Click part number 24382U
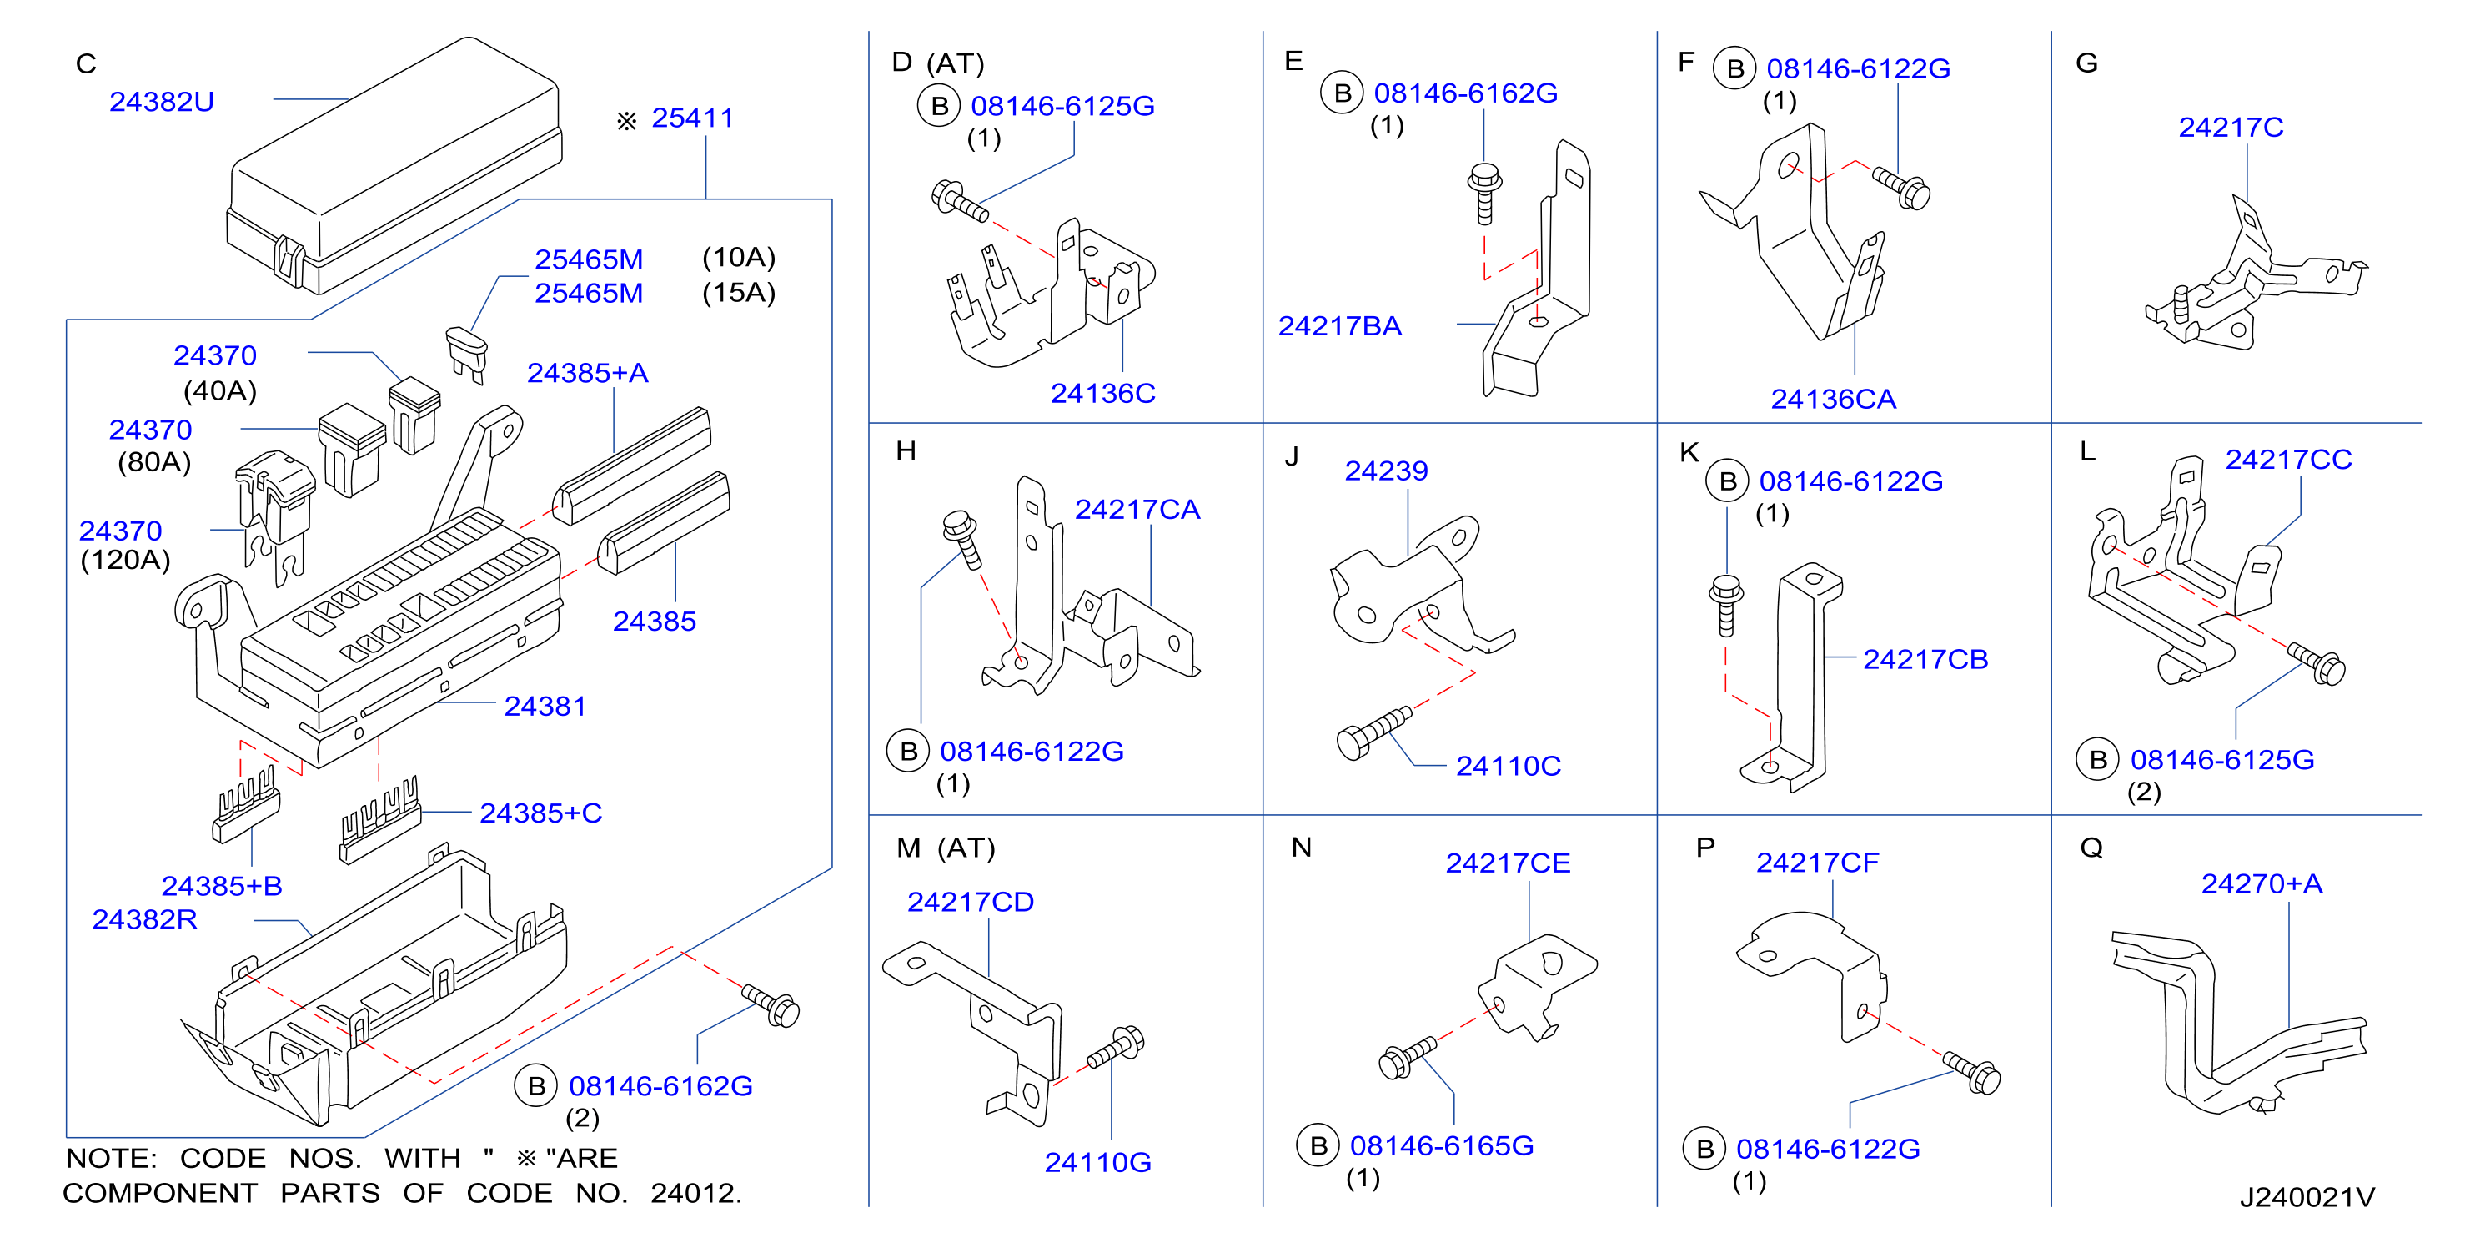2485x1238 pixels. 161,101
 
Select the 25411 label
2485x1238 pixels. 693,118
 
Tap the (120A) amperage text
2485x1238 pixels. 125,560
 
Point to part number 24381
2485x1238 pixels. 545,707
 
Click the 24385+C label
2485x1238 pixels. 541,813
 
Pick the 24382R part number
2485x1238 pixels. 145,919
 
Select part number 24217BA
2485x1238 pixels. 1340,326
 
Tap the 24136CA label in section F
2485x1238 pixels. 1833,400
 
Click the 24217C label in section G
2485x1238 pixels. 2231,128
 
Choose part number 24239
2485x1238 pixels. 1386,471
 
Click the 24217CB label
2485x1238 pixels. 1925,659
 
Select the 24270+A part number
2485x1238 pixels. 2262,884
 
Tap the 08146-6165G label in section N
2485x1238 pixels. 1441,1145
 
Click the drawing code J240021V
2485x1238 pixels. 2307,1197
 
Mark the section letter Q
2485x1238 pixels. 2091,848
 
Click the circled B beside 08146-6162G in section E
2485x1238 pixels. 1342,93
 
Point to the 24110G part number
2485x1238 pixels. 1097,1163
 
